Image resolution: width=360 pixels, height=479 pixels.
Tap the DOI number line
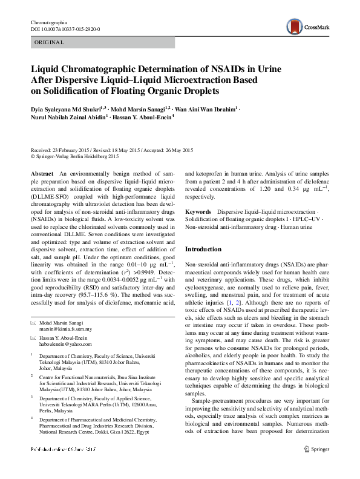click(x=65, y=29)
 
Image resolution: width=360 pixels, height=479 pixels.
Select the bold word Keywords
click(x=198, y=212)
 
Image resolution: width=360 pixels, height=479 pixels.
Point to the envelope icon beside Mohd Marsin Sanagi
click(x=34, y=323)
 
